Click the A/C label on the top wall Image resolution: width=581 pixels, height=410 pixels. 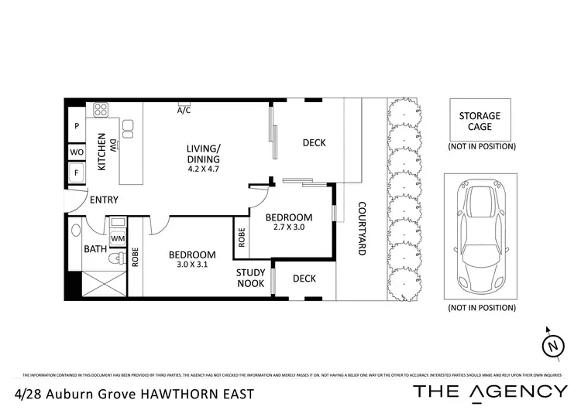(184, 111)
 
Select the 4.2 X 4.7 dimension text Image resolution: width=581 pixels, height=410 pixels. (204, 168)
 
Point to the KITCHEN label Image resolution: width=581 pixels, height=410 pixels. (101, 151)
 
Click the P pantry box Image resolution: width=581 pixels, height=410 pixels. (77, 126)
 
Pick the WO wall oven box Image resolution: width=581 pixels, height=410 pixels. (77, 152)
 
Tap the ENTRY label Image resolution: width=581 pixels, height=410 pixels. (105, 200)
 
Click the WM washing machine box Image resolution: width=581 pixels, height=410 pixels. (118, 239)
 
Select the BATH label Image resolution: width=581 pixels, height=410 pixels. (95, 249)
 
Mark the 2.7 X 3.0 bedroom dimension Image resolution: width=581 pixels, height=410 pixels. (288, 228)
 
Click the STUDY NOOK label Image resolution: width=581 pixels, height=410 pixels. (251, 278)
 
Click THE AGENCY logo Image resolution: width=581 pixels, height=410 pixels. (490, 391)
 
